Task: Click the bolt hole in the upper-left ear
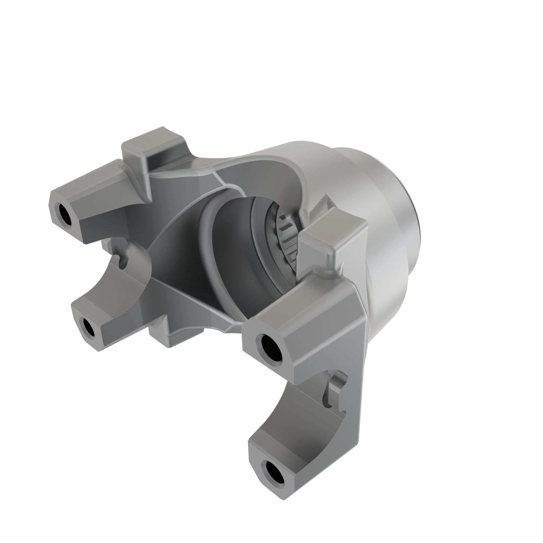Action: tap(65, 213)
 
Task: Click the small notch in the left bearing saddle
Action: tap(123, 260)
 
